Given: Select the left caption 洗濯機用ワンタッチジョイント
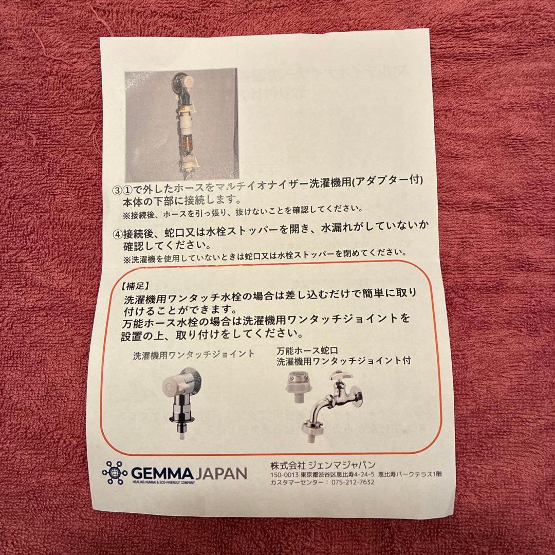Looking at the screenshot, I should (x=194, y=354).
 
